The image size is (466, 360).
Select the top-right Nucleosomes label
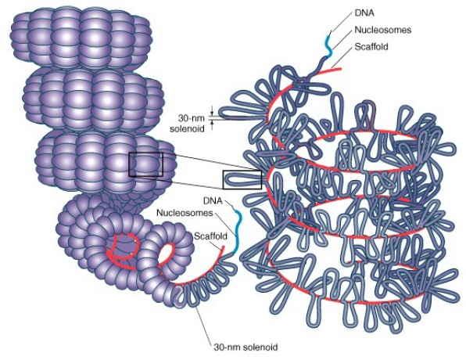(x=383, y=30)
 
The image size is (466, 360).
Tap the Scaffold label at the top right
(x=371, y=47)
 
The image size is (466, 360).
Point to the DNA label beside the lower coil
(x=213, y=201)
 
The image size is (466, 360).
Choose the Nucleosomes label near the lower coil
(x=185, y=213)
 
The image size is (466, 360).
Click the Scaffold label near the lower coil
(x=210, y=236)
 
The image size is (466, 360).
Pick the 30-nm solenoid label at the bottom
(x=246, y=347)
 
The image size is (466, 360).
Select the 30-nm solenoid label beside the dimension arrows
(x=192, y=124)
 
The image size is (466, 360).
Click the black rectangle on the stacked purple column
(x=145, y=164)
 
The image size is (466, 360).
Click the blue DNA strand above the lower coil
(x=238, y=232)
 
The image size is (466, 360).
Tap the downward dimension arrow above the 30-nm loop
(x=212, y=110)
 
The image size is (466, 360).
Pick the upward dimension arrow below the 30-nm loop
(x=212, y=125)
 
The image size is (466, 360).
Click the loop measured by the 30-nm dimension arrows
(x=242, y=114)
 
